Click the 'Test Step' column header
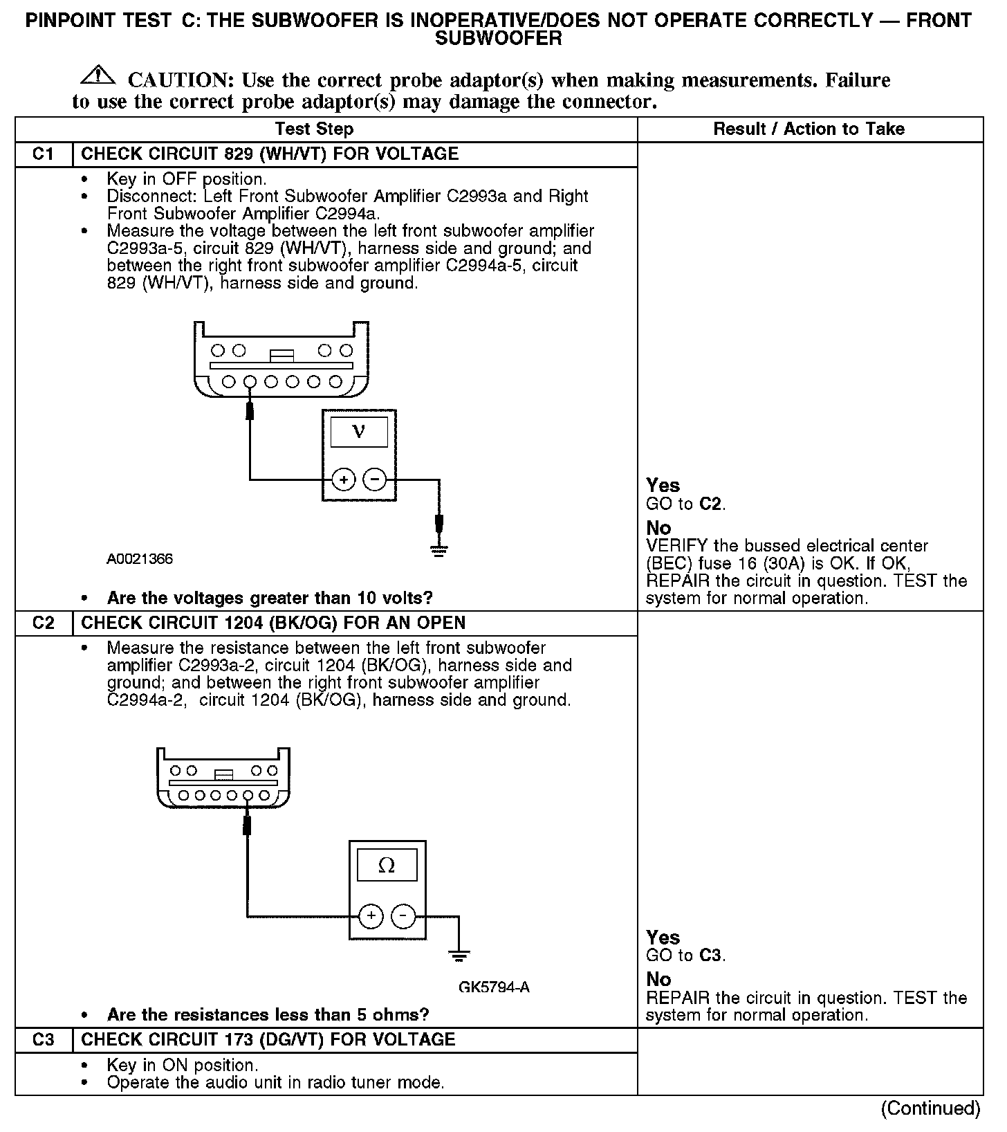click(x=314, y=129)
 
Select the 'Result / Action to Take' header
click(x=809, y=129)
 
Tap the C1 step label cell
click(x=43, y=154)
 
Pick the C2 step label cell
click(x=43, y=623)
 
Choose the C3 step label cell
click(x=43, y=1040)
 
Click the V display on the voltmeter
click(x=359, y=432)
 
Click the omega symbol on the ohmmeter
click(x=387, y=865)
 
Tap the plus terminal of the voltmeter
click(x=343, y=479)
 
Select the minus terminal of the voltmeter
click(x=375, y=479)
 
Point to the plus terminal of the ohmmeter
click(x=371, y=917)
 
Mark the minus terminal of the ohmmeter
click(x=403, y=917)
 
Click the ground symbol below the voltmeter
click(x=438, y=550)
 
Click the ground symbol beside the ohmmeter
click(x=459, y=957)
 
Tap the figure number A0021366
click(x=140, y=559)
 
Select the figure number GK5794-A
click(x=494, y=987)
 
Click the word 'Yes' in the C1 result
click(x=663, y=486)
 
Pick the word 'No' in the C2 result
click(x=658, y=980)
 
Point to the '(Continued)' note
click(x=930, y=1108)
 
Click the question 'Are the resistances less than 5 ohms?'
click(x=268, y=1015)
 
